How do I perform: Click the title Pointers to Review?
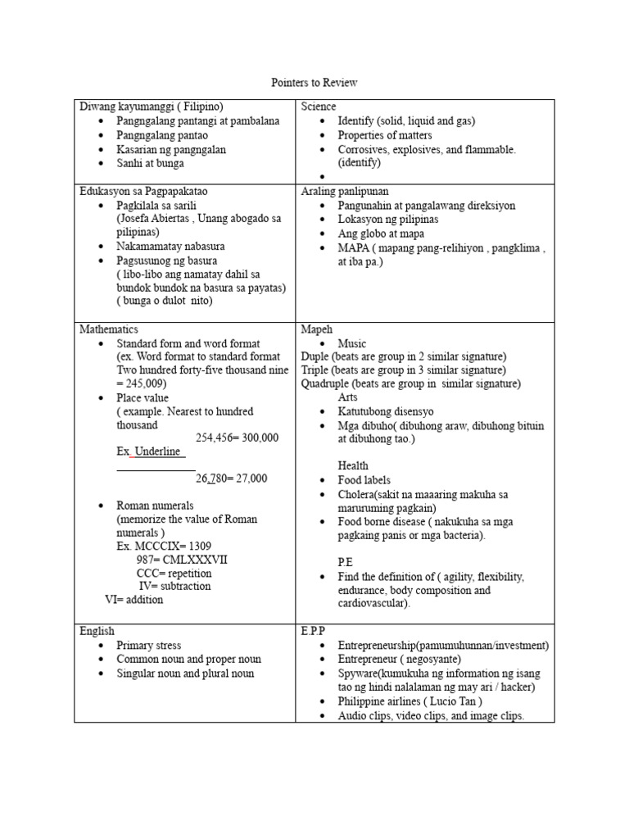click(x=314, y=84)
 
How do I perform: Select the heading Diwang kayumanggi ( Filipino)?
click(x=152, y=107)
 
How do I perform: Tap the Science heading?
click(x=319, y=107)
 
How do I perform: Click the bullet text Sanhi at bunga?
click(x=151, y=164)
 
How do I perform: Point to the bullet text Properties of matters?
click(x=385, y=135)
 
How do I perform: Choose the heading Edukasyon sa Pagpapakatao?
click(x=149, y=192)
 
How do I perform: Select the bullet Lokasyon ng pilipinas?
click(x=388, y=220)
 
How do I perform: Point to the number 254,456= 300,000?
click(x=238, y=438)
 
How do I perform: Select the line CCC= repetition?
click(x=174, y=574)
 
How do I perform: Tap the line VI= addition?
click(x=133, y=600)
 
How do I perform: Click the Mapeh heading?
click(x=317, y=329)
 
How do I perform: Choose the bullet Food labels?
click(x=364, y=480)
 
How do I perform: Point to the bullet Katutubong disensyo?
click(x=386, y=411)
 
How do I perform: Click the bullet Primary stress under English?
click(x=149, y=646)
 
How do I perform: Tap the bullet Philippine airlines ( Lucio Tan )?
click(x=410, y=701)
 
